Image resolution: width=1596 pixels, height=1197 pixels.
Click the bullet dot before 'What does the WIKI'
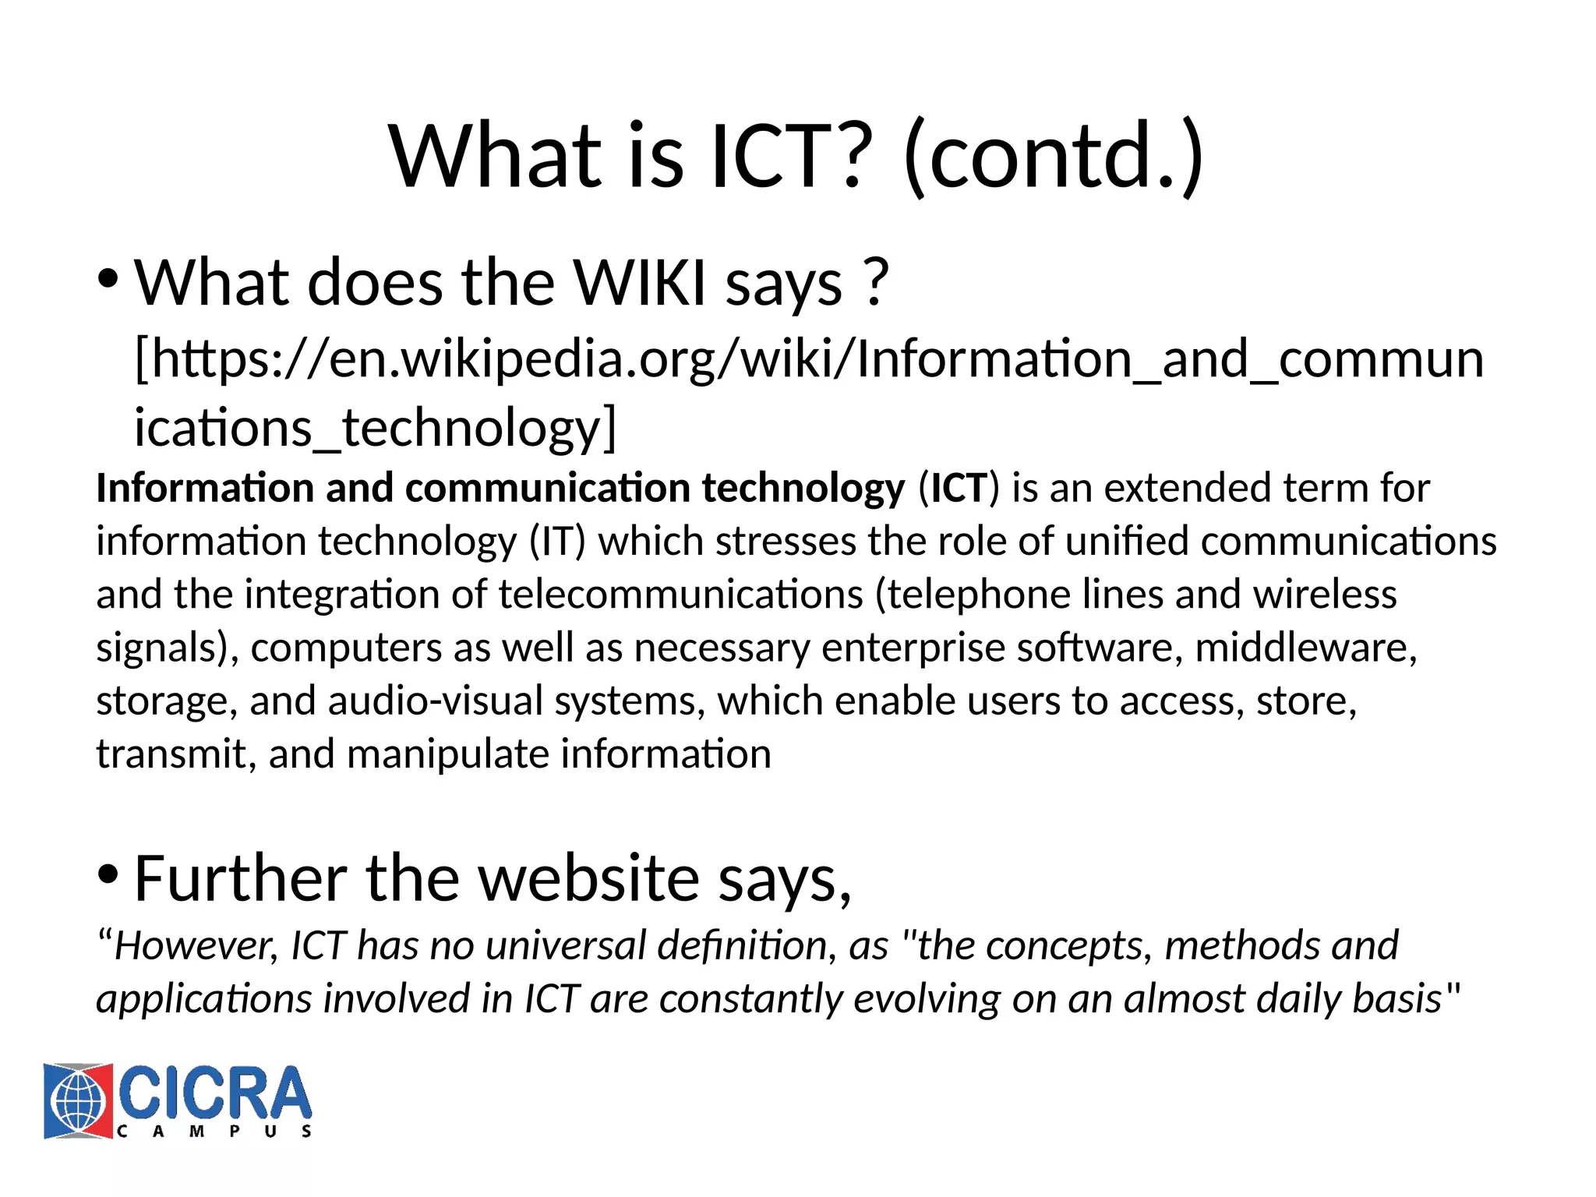(x=108, y=278)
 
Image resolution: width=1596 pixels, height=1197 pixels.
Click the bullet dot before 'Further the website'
(x=108, y=874)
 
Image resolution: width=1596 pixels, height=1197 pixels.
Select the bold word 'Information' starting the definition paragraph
(x=204, y=489)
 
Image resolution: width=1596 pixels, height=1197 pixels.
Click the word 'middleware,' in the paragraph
(x=1305, y=648)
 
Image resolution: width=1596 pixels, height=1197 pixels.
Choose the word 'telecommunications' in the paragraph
(x=680, y=595)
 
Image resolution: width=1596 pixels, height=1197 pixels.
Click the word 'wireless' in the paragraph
(x=1324, y=595)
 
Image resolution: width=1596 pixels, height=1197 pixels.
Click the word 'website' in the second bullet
(x=588, y=878)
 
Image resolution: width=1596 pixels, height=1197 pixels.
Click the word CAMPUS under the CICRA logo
(x=214, y=1132)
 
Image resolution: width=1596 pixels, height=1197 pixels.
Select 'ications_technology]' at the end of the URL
(x=375, y=428)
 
